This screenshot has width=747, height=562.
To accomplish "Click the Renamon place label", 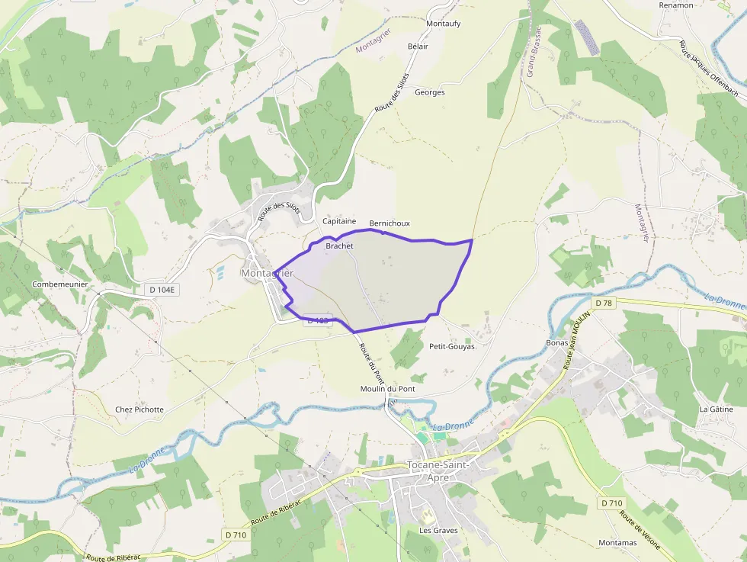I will [x=676, y=5].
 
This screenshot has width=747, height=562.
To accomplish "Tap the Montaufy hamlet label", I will [x=444, y=24].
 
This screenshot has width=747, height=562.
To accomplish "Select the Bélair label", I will [x=418, y=47].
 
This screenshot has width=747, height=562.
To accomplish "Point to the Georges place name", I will [x=430, y=92].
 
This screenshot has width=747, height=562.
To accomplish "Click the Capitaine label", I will [x=339, y=221].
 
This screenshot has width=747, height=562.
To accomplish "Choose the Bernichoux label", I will [x=390, y=223].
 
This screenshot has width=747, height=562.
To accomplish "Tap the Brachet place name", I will [x=339, y=246].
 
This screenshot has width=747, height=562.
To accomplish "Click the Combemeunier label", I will [x=60, y=284].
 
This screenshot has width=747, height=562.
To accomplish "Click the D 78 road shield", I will [x=604, y=303].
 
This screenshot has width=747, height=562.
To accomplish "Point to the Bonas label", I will [x=557, y=343].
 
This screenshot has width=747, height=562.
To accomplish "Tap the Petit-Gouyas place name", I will [x=452, y=346].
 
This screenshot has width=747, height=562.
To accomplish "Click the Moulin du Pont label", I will [x=387, y=389].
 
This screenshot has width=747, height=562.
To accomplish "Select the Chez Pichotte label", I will [x=139, y=409].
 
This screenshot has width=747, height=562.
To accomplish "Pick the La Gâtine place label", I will [x=717, y=409].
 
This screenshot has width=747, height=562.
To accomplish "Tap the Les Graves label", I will [x=438, y=530].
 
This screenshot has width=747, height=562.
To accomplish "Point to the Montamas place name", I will [x=617, y=543].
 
